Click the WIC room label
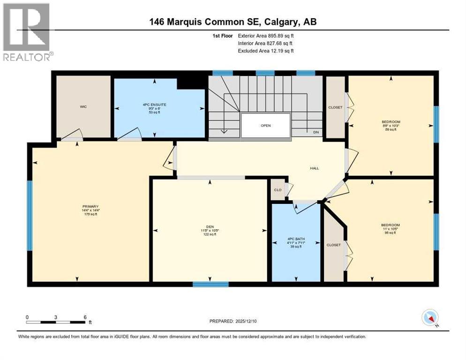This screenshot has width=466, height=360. point(83,106)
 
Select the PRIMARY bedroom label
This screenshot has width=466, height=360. point(90,206)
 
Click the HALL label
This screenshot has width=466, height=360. point(314,168)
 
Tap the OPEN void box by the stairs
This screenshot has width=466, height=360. point(266,125)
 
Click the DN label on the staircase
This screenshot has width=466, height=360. point(316,132)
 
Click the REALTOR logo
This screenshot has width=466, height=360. point(26,32)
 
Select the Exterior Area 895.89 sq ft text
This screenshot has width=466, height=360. point(266,35)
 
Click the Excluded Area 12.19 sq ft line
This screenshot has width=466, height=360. point(266,51)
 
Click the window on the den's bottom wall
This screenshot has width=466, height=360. point(210,284)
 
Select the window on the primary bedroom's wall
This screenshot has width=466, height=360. point(30,215)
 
